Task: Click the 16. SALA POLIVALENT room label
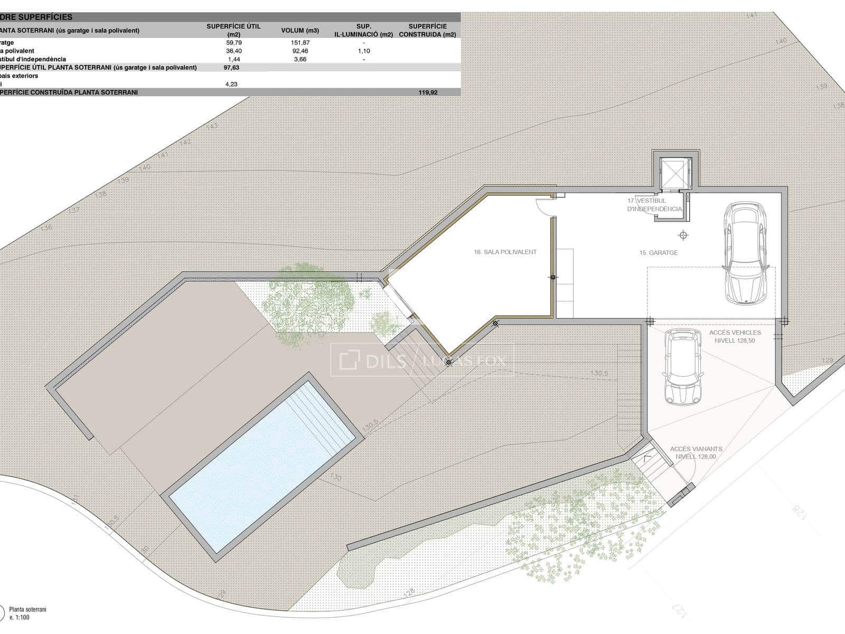pyautogui.click(x=505, y=252)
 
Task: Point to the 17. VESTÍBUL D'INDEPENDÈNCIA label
pyautogui.click(x=654, y=205)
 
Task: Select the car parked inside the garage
pyautogui.click(x=745, y=253)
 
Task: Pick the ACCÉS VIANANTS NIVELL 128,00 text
pyautogui.click(x=696, y=453)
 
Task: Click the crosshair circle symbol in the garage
pyautogui.click(x=684, y=235)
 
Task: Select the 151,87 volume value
pyautogui.click(x=299, y=42)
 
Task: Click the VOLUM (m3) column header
pyautogui.click(x=299, y=30)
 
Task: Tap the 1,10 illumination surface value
pyautogui.click(x=363, y=51)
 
